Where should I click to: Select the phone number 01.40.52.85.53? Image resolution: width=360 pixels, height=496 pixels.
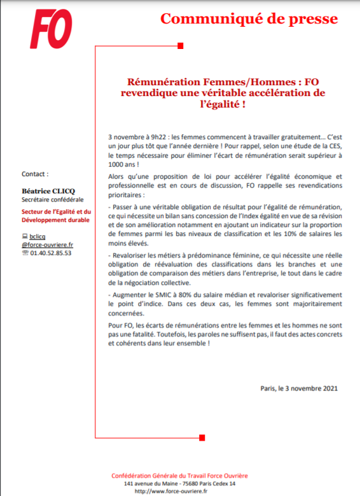point(50,252)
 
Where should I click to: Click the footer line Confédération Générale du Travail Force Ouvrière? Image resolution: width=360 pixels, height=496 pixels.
point(171,476)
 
